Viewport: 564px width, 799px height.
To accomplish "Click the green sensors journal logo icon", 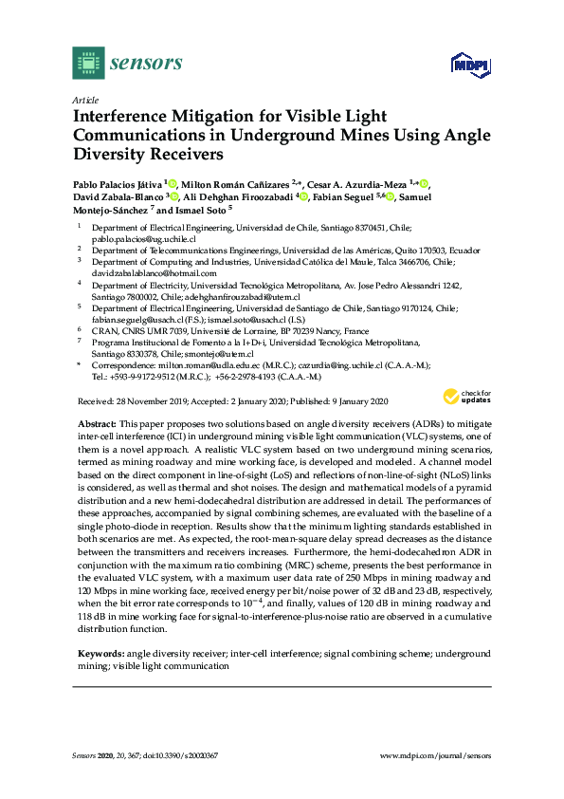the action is [x=88, y=64].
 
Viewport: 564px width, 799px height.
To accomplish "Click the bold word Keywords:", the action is [x=100, y=654].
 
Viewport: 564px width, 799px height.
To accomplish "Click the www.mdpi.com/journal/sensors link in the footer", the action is [x=435, y=755].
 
